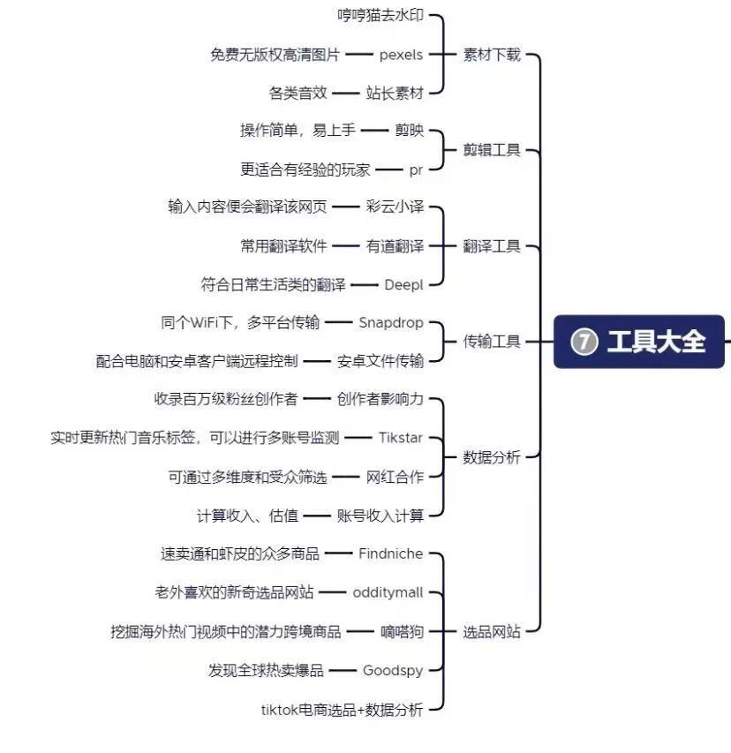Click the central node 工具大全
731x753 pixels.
[x=639, y=342]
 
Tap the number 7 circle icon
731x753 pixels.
[x=584, y=342]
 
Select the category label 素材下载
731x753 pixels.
[x=492, y=55]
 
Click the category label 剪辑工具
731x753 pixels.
[x=492, y=150]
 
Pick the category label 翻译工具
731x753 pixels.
[x=492, y=246]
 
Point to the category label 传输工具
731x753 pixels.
[x=492, y=342]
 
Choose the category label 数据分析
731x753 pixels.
[x=492, y=457]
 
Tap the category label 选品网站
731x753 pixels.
[x=492, y=631]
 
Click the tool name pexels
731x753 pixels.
[x=401, y=56]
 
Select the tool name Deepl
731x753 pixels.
[x=404, y=285]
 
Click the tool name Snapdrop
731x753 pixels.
[x=391, y=323]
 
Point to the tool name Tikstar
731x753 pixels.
[x=401, y=438]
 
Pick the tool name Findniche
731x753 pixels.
[x=391, y=553]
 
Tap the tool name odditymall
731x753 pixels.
[x=388, y=592]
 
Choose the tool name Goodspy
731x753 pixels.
[x=393, y=670]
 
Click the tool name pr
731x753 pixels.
[x=416, y=170]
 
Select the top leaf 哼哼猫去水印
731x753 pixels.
[x=381, y=15]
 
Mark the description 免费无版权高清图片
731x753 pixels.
[x=275, y=55]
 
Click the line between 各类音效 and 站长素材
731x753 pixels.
[x=346, y=94]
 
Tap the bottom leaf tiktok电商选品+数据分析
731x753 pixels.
[x=343, y=709]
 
